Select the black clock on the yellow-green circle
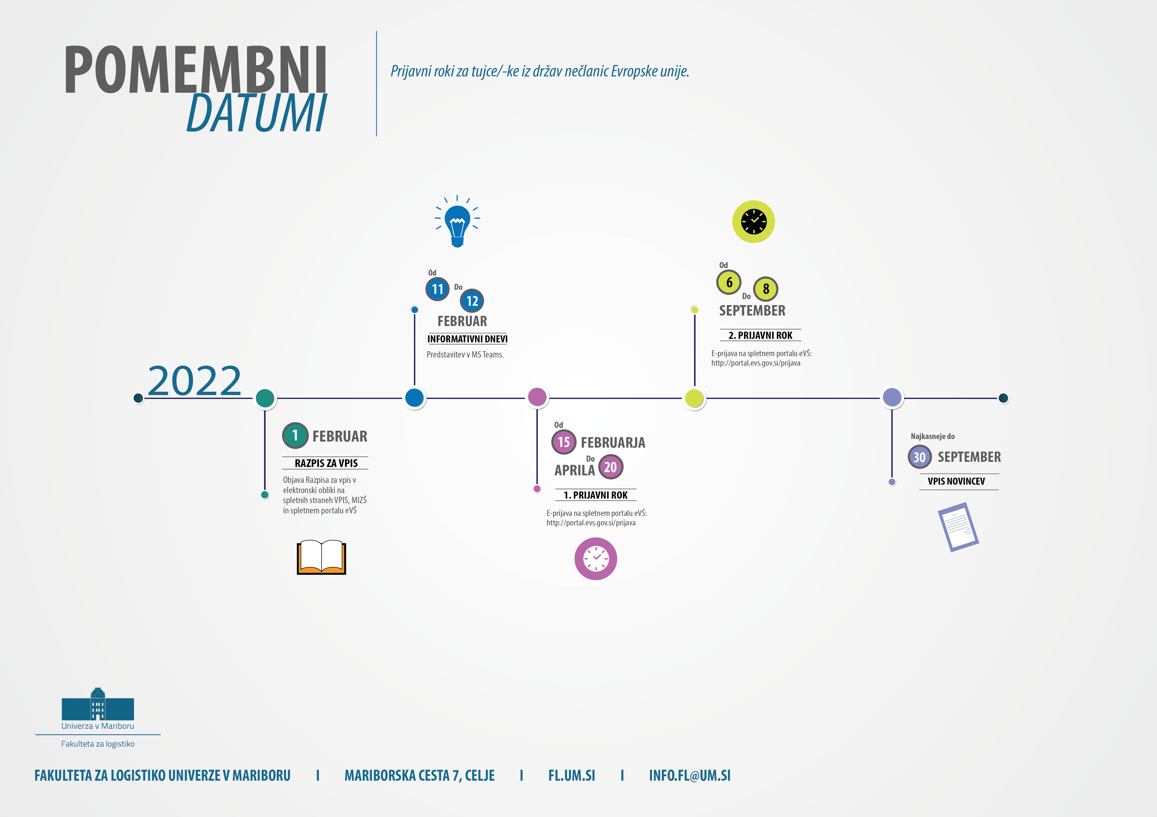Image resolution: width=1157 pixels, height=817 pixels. point(753,222)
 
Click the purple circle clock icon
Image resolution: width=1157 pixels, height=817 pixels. point(596,558)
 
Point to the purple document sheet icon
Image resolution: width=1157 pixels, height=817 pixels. point(958,527)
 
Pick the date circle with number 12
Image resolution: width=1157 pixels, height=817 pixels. point(472,301)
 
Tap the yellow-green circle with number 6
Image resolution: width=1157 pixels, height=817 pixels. point(729,282)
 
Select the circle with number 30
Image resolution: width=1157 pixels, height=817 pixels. point(920,457)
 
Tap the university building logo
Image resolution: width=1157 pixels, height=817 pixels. point(98,704)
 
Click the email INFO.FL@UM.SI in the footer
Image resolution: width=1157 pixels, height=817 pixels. point(690,775)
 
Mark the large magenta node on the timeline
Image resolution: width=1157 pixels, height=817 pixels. point(537,397)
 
